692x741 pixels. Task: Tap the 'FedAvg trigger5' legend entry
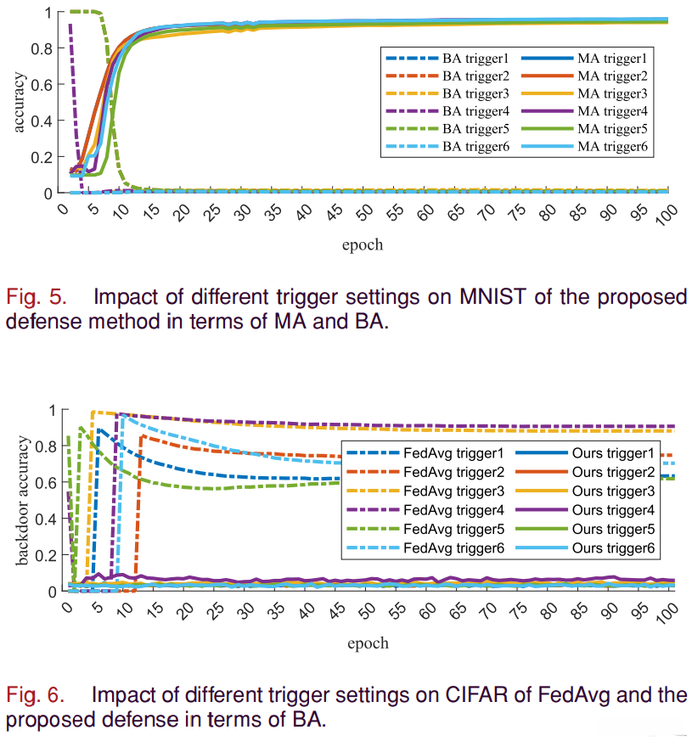coord(454,530)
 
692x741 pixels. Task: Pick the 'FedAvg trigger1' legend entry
coord(454,452)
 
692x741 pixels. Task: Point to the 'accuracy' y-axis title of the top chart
coord(19,103)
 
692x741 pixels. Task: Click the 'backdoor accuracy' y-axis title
coord(20,500)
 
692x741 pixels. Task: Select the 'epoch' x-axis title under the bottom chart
coord(368,643)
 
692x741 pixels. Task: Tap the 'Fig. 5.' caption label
coord(33,298)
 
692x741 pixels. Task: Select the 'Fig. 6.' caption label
coord(35,695)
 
